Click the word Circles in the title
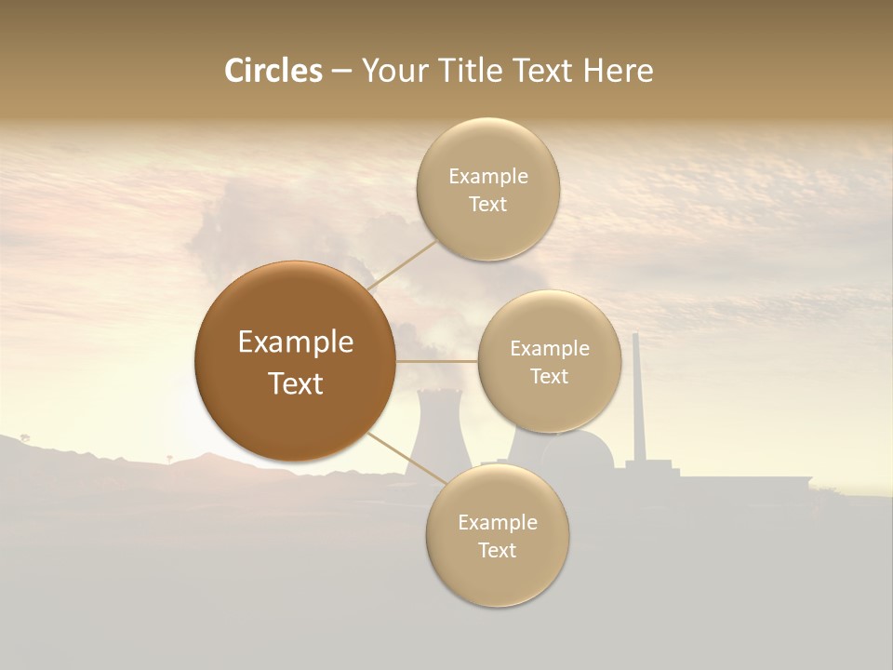point(273,71)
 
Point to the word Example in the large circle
point(296,342)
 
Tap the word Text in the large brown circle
point(296,383)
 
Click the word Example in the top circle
point(487,177)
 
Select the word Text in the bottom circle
point(497,550)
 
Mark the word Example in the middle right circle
point(549,349)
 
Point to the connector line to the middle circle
point(436,360)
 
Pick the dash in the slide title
point(340,71)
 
